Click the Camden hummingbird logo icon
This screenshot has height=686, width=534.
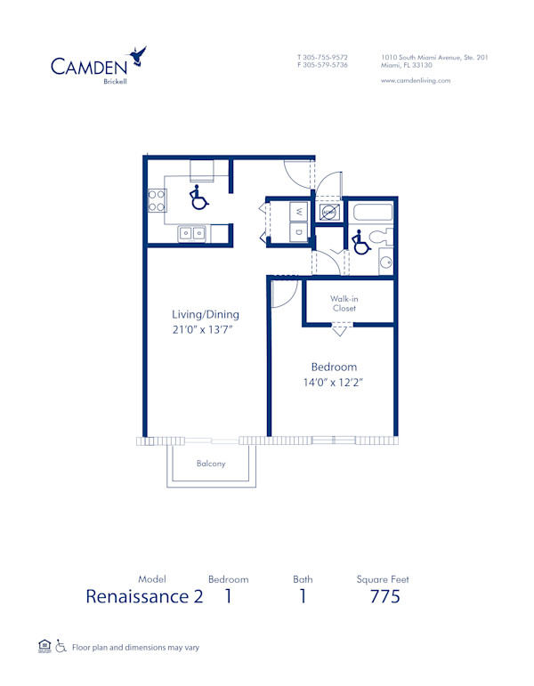tap(138, 57)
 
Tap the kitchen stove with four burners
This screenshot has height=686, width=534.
tap(157, 200)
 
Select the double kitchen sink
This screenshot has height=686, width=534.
tap(192, 233)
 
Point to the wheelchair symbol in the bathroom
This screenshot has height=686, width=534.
tap(360, 242)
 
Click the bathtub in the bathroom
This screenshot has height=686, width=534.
tap(372, 214)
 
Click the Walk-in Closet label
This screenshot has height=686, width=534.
tap(344, 303)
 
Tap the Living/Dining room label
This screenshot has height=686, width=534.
tap(206, 314)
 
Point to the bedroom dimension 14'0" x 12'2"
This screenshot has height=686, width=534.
tap(334, 383)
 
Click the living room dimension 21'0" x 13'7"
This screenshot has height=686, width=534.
tap(206, 330)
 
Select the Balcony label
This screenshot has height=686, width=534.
tap(211, 464)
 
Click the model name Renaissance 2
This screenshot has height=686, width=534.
tap(144, 596)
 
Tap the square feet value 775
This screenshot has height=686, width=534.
tap(384, 596)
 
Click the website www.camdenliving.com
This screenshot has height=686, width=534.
tap(415, 80)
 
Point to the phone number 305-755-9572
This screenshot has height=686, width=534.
tap(327, 58)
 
